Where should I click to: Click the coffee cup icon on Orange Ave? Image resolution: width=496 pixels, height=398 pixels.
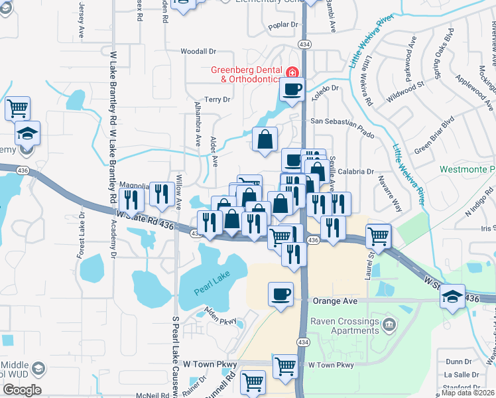click(x=281, y=293)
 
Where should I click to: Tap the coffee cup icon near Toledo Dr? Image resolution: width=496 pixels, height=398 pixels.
click(x=292, y=89)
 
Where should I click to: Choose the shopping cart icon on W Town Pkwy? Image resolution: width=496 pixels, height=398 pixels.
click(x=285, y=365)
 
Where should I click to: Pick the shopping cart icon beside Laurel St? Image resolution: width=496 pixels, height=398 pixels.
click(x=378, y=234)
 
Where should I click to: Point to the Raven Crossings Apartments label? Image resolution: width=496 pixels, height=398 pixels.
click(x=343, y=325)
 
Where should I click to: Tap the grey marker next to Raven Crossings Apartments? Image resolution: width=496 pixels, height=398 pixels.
click(x=389, y=324)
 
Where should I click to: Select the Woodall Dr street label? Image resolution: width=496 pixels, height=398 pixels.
click(x=199, y=51)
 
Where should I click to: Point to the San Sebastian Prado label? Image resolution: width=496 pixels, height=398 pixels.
click(x=338, y=122)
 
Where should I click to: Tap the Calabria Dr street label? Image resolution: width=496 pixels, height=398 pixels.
click(x=361, y=171)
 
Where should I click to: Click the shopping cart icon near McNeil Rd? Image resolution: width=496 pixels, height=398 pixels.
click(x=253, y=382)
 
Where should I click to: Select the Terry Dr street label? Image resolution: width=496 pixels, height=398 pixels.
click(x=217, y=99)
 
